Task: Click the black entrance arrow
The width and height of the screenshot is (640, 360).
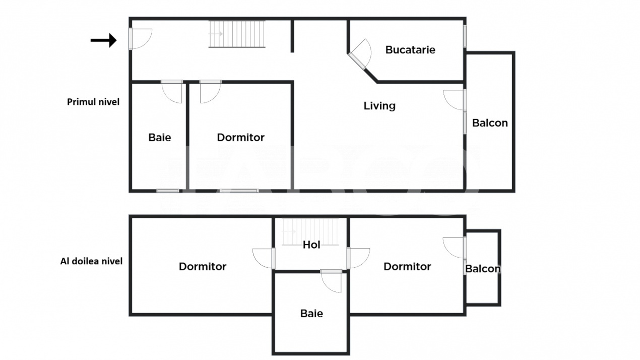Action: [x=104, y=40]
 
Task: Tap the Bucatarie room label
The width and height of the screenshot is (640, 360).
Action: [x=410, y=50]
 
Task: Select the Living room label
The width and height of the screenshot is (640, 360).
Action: [x=379, y=106]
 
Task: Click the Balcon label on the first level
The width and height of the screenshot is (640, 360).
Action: [x=490, y=123]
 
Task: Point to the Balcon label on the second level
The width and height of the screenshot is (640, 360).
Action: [x=483, y=269]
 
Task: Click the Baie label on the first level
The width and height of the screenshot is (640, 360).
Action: [x=160, y=137]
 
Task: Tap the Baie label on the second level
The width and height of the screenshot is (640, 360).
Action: [x=311, y=313]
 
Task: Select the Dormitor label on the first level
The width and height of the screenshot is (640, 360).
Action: [x=240, y=137]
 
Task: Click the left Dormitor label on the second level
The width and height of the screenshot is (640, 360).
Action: [x=203, y=266]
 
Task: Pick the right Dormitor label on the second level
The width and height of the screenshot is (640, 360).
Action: [x=407, y=266]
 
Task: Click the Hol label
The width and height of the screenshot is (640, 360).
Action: [x=311, y=245]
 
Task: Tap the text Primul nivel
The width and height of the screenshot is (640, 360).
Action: [x=93, y=102]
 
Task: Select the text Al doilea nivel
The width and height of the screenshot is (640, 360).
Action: [x=91, y=261]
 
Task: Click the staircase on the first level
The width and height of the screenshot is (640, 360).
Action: [x=237, y=34]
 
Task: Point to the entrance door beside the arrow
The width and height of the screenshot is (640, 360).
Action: [x=140, y=39]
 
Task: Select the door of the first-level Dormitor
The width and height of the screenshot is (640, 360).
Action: [x=210, y=91]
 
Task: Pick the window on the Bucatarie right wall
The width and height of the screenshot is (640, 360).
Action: [x=465, y=36]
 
